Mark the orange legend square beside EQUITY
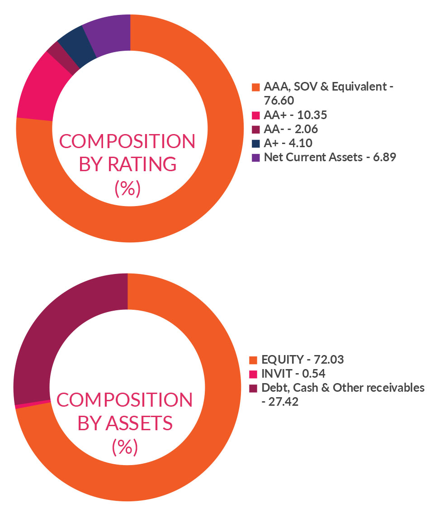pos(254,360)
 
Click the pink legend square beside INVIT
pos(254,374)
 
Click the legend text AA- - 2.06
pos(291,129)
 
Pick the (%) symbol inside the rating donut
pos(127,188)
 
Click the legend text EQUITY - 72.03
pos(302,360)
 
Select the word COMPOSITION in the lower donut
pos(125,400)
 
